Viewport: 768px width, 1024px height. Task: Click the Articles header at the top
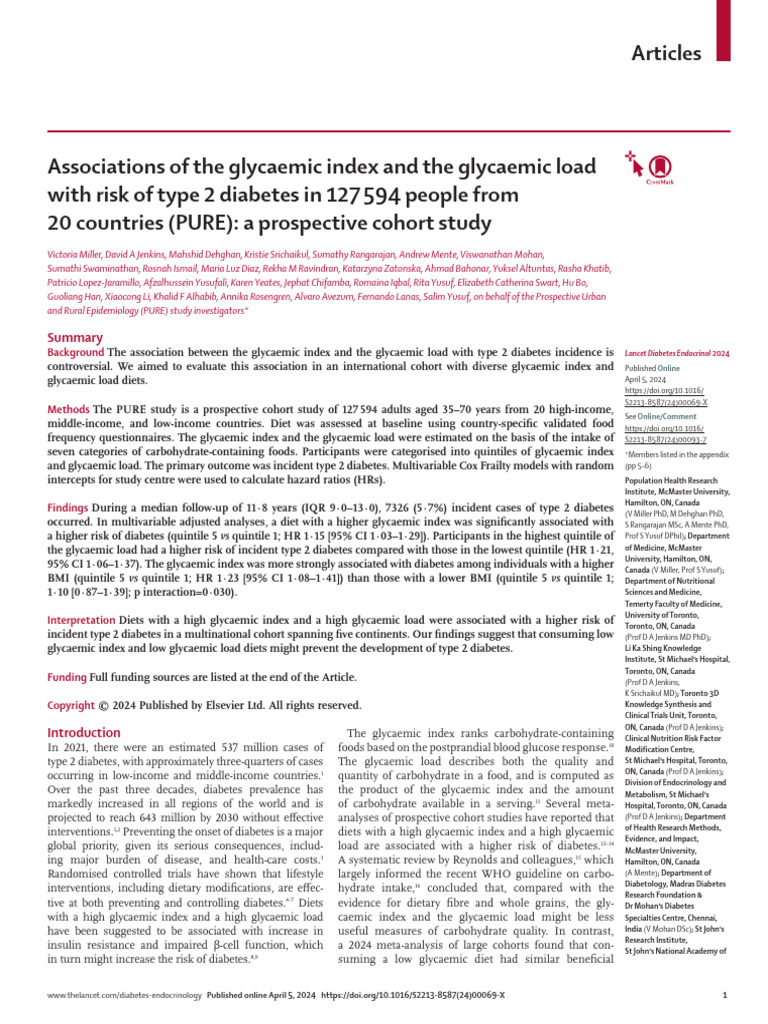coord(666,53)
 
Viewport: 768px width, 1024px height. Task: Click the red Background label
coord(76,353)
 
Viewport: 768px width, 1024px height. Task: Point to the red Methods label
coord(70,410)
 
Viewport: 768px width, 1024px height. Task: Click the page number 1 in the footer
coord(723,996)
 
